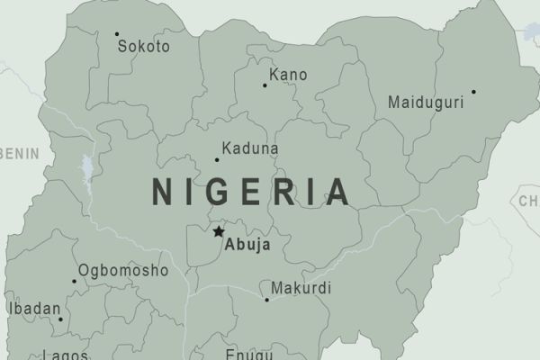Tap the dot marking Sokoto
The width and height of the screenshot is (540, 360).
click(x=117, y=34)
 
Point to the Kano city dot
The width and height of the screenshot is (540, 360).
click(x=265, y=85)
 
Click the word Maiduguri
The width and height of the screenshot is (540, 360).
click(x=426, y=103)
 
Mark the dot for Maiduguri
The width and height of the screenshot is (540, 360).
click(x=473, y=91)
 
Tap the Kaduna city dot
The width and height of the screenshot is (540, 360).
click(x=216, y=160)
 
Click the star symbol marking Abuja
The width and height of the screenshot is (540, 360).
click(x=218, y=232)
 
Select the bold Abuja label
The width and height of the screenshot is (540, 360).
click(x=247, y=243)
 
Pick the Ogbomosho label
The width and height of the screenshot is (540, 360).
click(x=123, y=270)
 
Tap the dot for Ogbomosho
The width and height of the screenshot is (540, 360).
click(x=75, y=281)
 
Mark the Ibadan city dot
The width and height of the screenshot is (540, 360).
click(x=61, y=319)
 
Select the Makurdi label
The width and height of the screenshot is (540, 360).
click(x=299, y=289)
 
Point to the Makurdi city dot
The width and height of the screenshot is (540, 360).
click(x=266, y=300)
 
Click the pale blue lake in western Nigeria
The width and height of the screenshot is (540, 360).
click(x=86, y=169)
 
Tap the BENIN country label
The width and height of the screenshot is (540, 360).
click(x=19, y=154)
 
